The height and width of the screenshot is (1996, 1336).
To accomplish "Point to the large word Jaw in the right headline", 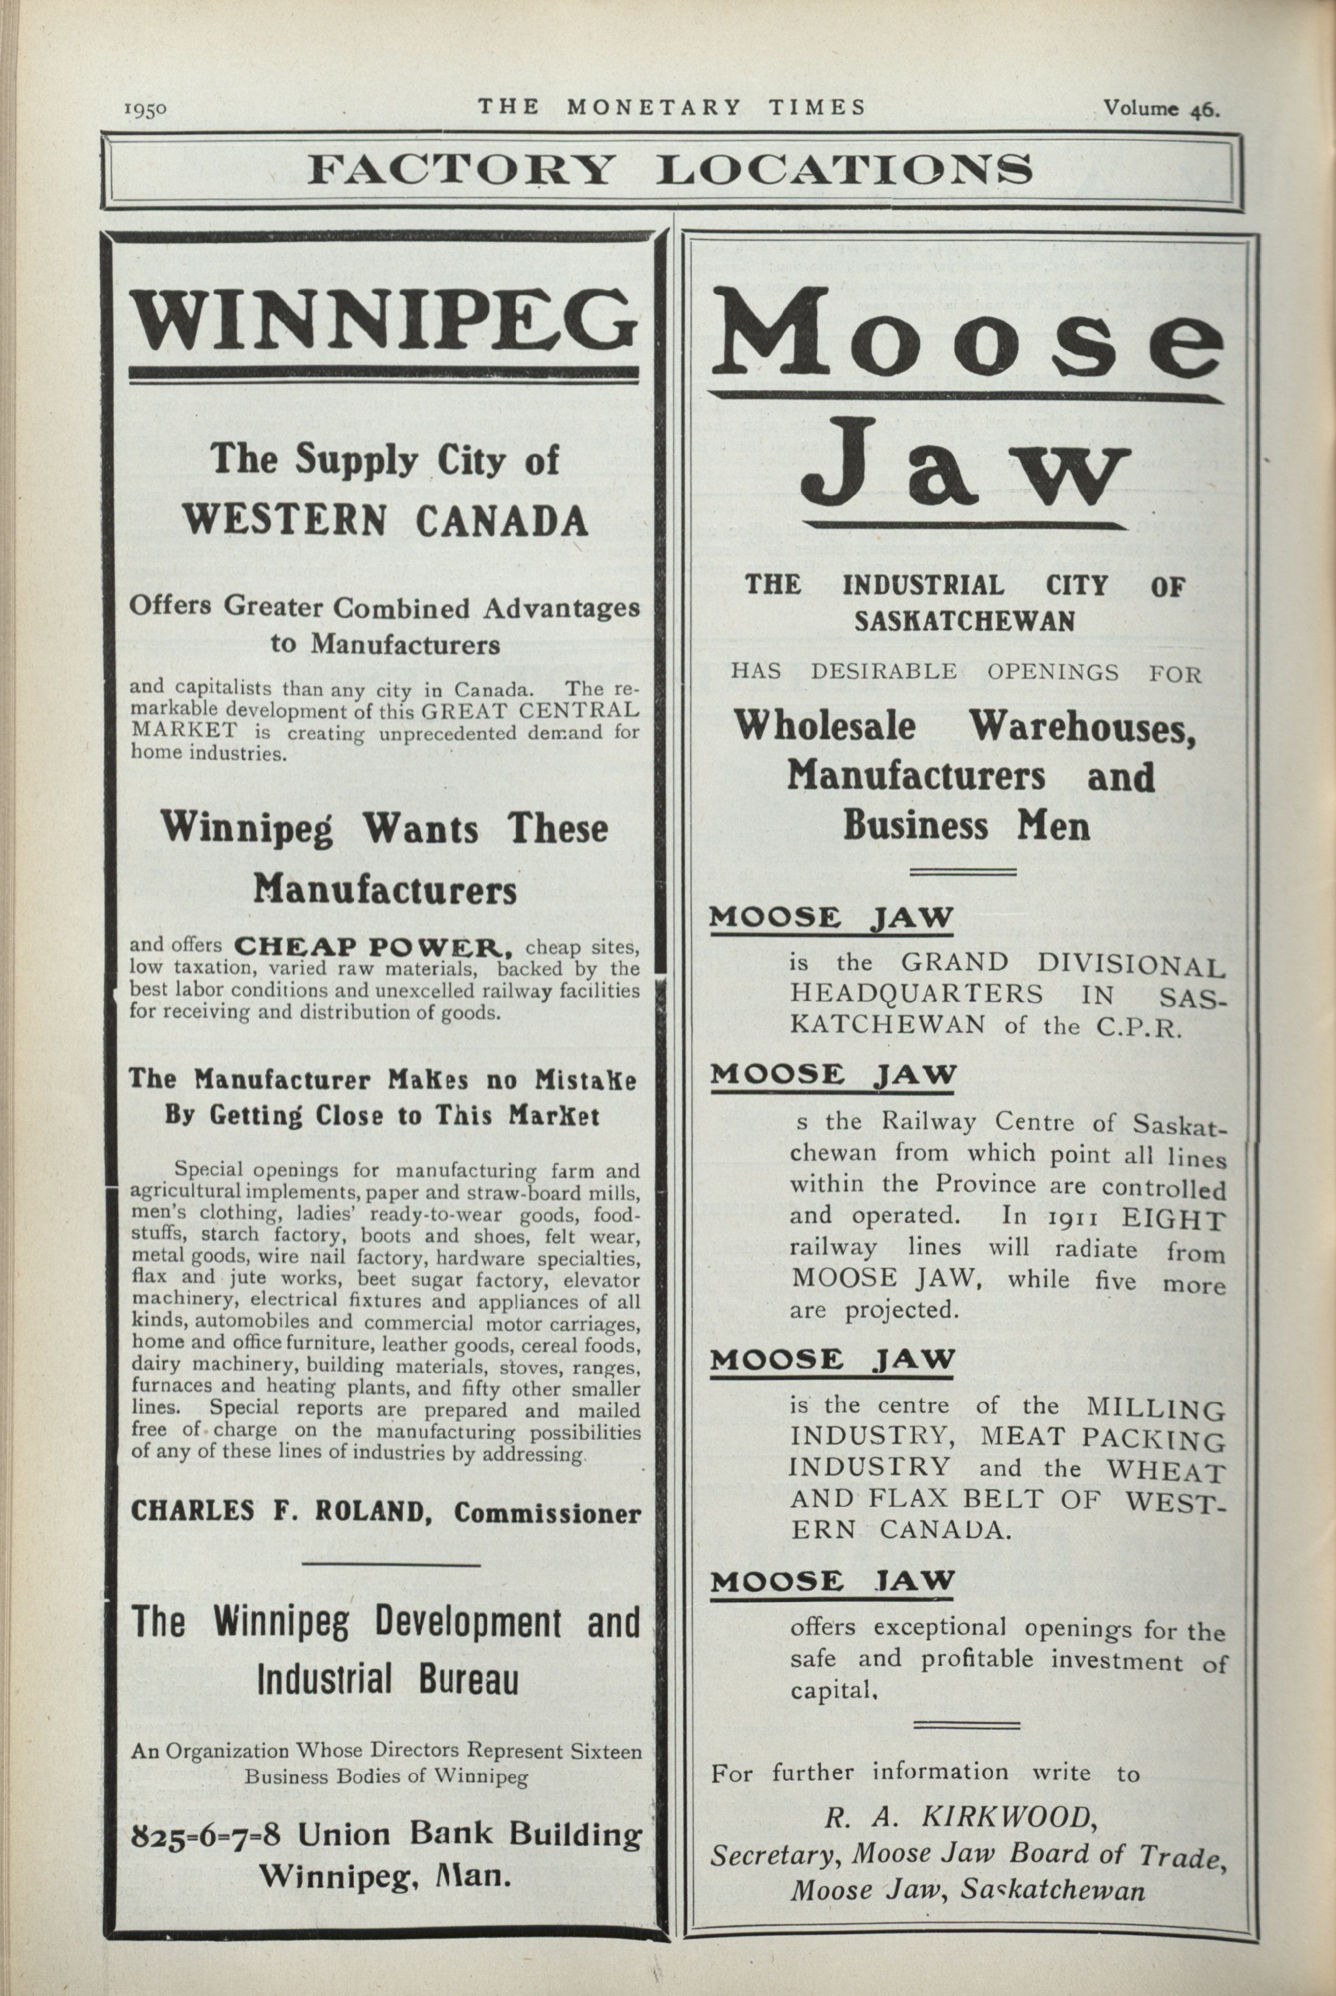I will tap(966, 464).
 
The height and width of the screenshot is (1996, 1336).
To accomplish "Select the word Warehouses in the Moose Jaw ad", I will tap(1082, 727).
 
